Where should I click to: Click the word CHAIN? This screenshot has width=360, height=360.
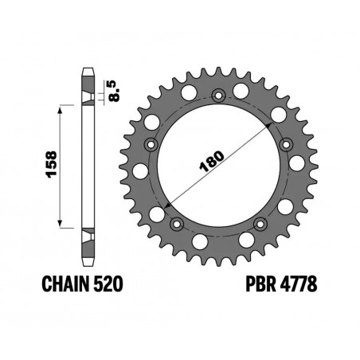(x=65, y=284)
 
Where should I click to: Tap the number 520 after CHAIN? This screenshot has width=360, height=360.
(x=108, y=284)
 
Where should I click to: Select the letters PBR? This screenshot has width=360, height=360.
(x=260, y=284)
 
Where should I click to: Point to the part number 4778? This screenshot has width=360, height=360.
(x=299, y=284)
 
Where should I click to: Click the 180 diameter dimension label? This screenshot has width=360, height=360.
(x=212, y=162)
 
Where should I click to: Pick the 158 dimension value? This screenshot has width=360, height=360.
(x=51, y=164)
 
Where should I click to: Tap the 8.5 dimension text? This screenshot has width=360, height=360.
(x=114, y=91)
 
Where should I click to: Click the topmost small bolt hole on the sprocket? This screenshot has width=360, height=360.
(x=218, y=96)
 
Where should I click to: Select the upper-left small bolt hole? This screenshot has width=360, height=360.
(x=151, y=145)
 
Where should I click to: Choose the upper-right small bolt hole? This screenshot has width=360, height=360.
(x=286, y=145)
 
